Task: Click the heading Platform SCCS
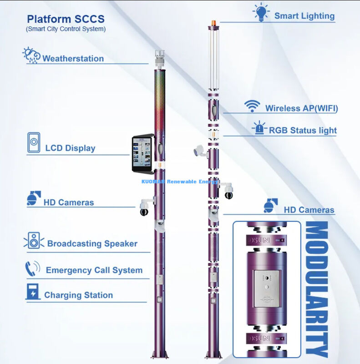[x=66, y=20]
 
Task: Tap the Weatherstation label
[x=73, y=59]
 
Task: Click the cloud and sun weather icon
[x=31, y=55]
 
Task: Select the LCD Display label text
[x=70, y=148]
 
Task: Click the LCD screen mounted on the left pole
[x=142, y=154]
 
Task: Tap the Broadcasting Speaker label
[x=92, y=244]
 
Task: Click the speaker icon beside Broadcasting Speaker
[x=34, y=240]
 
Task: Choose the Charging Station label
[x=78, y=295]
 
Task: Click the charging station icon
[x=33, y=292]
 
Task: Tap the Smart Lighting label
[x=304, y=16]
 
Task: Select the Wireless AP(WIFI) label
[x=301, y=109]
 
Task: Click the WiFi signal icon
[x=252, y=106]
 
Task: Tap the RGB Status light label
[x=303, y=131]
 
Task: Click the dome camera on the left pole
[x=144, y=208]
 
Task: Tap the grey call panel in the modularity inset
[x=267, y=288]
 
